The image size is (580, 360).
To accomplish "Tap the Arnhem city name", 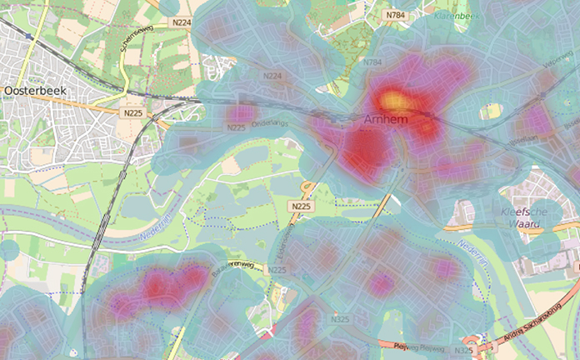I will pyautogui.click(x=387, y=121).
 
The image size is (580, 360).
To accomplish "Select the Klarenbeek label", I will pyautogui.click(x=455, y=15).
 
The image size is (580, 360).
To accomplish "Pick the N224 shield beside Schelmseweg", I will pyautogui.click(x=183, y=22).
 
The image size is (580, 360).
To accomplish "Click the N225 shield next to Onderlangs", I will pyautogui.click(x=236, y=127).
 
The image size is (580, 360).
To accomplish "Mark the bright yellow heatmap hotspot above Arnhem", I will pyautogui.click(x=394, y=100).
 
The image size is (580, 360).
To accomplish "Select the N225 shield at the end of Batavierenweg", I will pyautogui.click(x=277, y=270).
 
